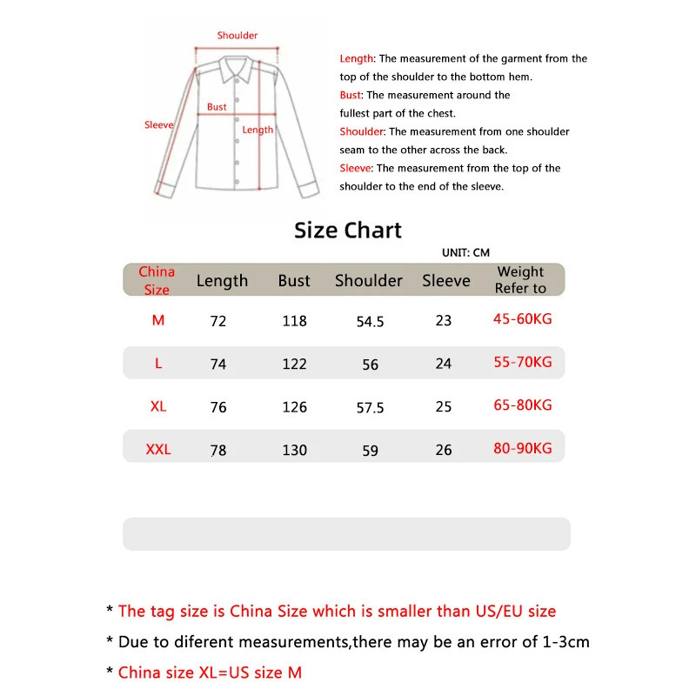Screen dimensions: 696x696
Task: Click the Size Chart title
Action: (x=348, y=231)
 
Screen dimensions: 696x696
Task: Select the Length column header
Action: (x=222, y=281)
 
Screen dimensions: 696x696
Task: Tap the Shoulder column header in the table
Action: (x=369, y=281)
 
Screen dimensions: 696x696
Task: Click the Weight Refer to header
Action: (x=520, y=280)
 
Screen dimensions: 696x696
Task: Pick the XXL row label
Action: (x=158, y=450)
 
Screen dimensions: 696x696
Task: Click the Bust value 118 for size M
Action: (x=295, y=321)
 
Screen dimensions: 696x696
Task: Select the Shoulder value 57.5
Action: (x=370, y=407)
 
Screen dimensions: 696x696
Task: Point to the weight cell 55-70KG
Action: (x=522, y=362)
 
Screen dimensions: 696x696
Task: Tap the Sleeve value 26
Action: (x=444, y=450)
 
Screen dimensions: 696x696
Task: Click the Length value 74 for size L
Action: (x=218, y=365)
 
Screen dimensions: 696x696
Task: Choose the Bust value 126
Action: (x=295, y=407)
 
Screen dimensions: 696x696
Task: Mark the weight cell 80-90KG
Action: (x=522, y=449)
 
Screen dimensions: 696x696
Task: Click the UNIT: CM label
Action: (x=465, y=252)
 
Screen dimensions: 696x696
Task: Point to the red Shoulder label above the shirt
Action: (x=238, y=36)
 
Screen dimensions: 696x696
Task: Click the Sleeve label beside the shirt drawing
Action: (x=159, y=125)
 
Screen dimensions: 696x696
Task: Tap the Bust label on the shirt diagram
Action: (x=217, y=107)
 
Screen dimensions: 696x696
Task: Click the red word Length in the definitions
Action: (x=356, y=59)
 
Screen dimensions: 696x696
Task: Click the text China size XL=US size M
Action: (x=210, y=672)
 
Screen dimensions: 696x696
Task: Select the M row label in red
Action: (x=158, y=320)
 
